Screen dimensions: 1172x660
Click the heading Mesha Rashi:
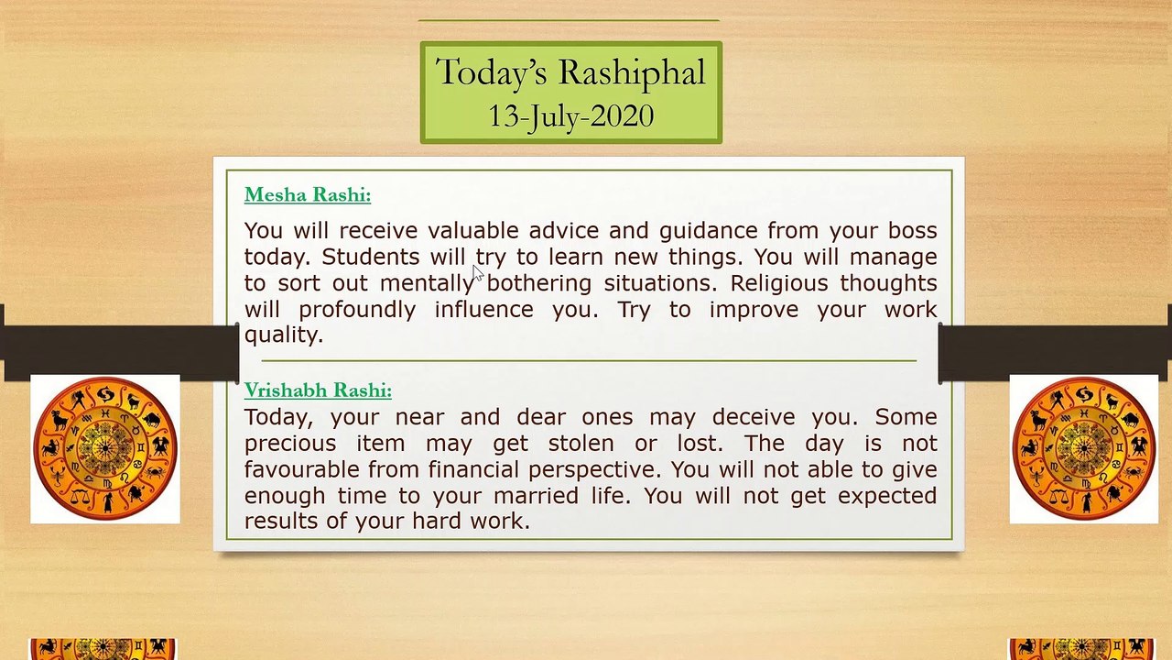pos(308,195)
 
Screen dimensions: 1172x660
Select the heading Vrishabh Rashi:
pos(318,390)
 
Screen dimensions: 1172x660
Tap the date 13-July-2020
pos(570,116)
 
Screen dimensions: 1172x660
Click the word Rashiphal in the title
pos(633,73)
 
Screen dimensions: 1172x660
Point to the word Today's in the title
pos(492,73)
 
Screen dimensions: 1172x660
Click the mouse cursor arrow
pos(478,273)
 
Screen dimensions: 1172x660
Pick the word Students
pos(371,257)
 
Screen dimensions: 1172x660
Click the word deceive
pos(754,417)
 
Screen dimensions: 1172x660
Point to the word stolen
pos(581,443)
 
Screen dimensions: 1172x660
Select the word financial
pos(475,469)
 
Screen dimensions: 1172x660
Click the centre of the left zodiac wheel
pos(105,448)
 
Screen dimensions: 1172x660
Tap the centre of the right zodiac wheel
pos(1084,448)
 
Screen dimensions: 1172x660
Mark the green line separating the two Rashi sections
pos(589,361)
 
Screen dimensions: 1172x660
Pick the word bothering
pos(539,283)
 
